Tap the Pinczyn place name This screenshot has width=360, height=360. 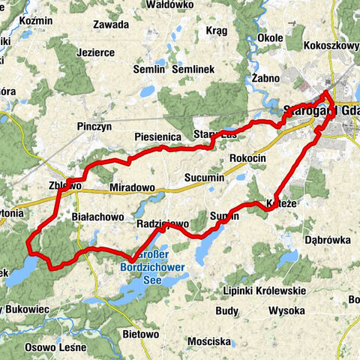tap(94, 127)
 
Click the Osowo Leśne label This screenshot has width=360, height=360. tap(52, 346)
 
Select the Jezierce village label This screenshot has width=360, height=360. tap(95, 53)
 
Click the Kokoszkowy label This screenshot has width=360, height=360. tap(331, 44)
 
